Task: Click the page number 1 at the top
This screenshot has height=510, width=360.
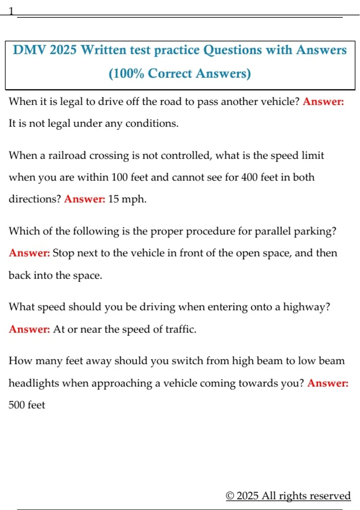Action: coord(11,11)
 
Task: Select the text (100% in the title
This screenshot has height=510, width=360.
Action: coord(126,73)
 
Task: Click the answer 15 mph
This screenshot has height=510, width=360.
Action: coord(127,199)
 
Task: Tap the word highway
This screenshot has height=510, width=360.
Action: coord(306,307)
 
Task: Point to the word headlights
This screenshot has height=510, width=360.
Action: coord(34,383)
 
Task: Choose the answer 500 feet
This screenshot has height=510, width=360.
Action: coord(27,405)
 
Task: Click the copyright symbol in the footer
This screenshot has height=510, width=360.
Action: coord(230,496)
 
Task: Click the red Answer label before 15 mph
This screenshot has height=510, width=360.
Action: coord(85,199)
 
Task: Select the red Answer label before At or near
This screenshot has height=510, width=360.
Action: coord(29,329)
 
